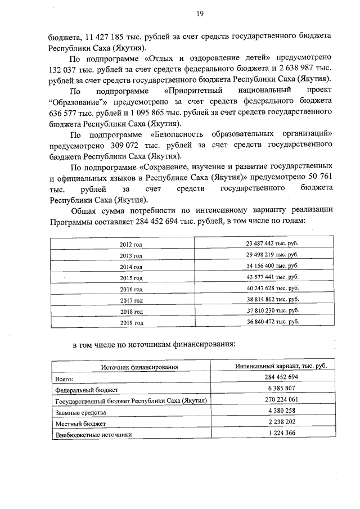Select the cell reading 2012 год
point(131,245)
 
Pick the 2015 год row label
point(131,278)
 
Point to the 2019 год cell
point(131,323)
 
